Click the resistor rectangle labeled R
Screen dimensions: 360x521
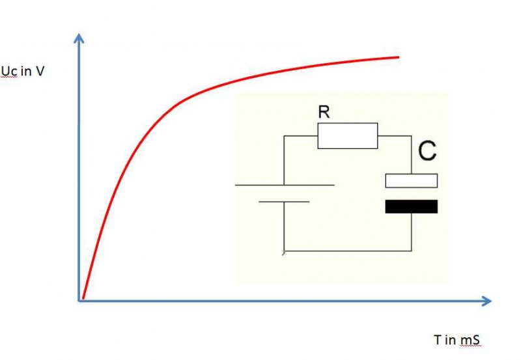pyautogui.click(x=347, y=135)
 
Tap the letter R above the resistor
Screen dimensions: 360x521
pyautogui.click(x=324, y=112)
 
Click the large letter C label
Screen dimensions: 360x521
pyautogui.click(x=427, y=152)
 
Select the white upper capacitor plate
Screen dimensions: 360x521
pyautogui.click(x=412, y=180)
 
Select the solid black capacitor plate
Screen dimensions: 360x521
pyautogui.click(x=412, y=206)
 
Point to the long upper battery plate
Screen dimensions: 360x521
pyautogui.click(x=285, y=186)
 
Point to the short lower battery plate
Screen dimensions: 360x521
pyautogui.click(x=285, y=202)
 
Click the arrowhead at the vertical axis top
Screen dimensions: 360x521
pyautogui.click(x=79, y=38)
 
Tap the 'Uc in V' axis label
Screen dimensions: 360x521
pyautogui.click(x=23, y=72)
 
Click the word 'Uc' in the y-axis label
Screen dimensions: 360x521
pyautogui.click(x=9, y=72)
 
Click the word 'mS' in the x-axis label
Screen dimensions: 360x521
pyautogui.click(x=474, y=340)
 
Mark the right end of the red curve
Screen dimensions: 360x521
pyautogui.click(x=398, y=57)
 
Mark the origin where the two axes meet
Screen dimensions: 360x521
pyautogui.click(x=80, y=300)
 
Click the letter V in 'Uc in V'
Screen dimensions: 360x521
pyautogui.click(x=40, y=72)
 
